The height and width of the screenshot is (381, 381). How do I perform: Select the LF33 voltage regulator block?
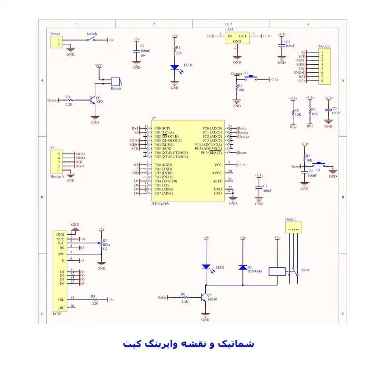237,39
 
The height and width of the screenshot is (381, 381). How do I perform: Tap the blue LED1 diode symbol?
175,68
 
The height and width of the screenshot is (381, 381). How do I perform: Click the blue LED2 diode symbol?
206,267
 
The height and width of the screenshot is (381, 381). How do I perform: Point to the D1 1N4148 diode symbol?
242,267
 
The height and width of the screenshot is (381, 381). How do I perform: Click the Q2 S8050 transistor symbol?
204,297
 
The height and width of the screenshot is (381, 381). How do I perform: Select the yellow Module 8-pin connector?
323,67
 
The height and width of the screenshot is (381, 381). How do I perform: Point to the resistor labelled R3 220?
94,300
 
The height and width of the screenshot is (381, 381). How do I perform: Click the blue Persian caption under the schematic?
188,343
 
